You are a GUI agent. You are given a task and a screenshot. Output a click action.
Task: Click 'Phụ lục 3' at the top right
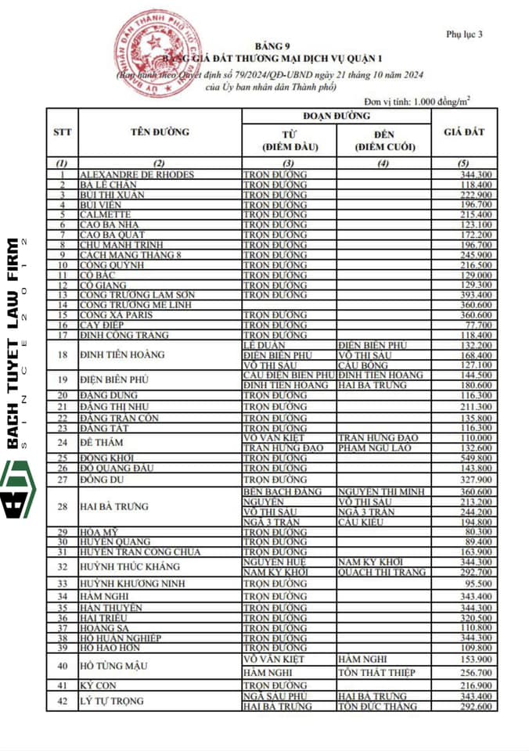(x=464, y=34)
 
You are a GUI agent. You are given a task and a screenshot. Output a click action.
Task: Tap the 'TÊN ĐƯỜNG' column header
(x=159, y=131)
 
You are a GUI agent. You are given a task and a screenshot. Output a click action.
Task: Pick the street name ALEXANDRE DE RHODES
(x=137, y=174)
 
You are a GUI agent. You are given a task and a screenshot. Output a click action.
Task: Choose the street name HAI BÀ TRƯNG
(x=114, y=507)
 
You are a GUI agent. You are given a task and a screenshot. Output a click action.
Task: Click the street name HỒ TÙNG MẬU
(x=114, y=667)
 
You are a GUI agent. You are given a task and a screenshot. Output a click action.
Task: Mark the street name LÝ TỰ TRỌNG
(x=113, y=701)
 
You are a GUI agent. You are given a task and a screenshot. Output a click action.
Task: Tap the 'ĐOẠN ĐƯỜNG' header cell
(x=337, y=116)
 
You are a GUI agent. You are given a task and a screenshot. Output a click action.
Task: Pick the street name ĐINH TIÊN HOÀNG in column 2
(x=122, y=354)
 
